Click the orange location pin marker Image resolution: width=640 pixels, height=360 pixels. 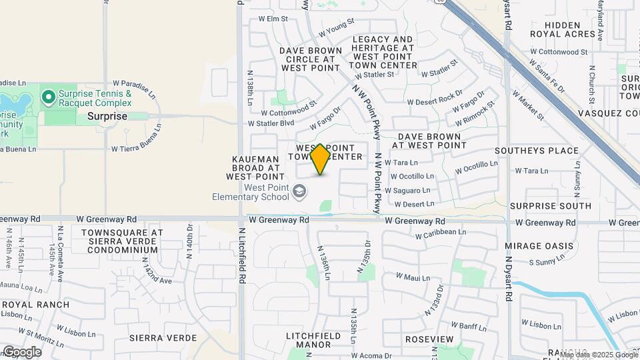coord(321,159)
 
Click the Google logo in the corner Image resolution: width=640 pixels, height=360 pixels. coord(22,352)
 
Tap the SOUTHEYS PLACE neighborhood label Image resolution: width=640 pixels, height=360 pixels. coord(545,151)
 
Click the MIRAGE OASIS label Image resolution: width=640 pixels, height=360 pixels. coord(539,246)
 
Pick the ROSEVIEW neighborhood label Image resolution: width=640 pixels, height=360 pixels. coord(429,339)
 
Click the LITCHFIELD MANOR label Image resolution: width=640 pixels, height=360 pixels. coord(309,340)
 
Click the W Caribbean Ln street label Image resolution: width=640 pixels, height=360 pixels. coord(440,233)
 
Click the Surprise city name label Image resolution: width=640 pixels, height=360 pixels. coord(107,116)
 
